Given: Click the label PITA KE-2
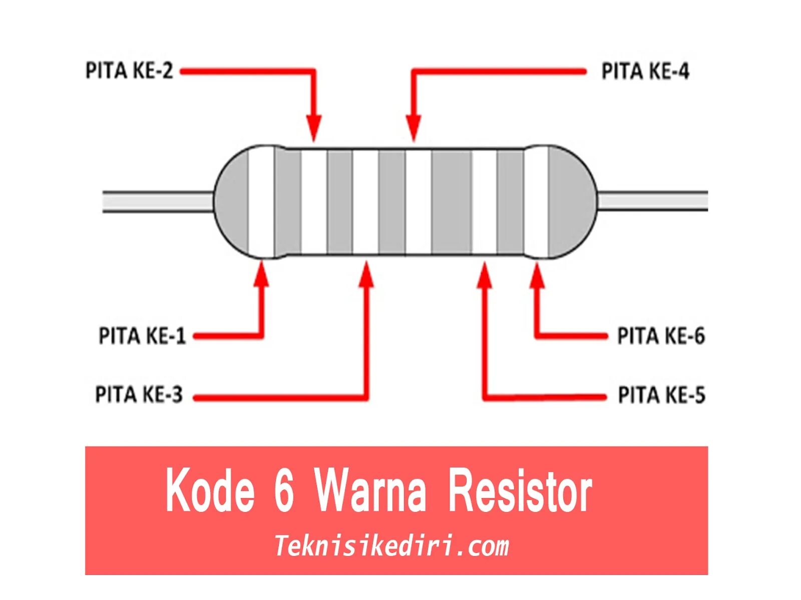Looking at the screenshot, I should [129, 71].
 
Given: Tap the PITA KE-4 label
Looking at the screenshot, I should [645, 71].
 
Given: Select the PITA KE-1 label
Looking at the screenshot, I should [142, 336].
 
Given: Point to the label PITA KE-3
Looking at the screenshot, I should [139, 395].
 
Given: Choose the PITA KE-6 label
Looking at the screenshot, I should [661, 336].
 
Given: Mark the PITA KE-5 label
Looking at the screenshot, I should [661, 395].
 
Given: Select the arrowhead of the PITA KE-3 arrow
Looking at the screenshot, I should [367, 274].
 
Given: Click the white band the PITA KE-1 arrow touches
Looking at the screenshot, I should [261, 202].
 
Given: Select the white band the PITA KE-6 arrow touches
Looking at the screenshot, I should [536, 202].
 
